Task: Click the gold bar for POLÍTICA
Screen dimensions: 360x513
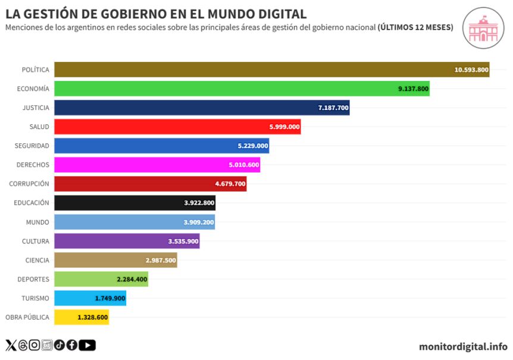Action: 271,70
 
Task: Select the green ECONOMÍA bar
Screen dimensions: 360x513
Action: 242,89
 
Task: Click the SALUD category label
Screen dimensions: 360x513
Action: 39,127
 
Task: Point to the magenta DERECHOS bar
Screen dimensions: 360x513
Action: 157,165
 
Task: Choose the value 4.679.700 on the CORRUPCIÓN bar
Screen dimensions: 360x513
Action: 230,184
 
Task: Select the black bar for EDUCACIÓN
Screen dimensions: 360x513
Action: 134,203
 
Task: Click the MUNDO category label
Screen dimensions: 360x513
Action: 37,222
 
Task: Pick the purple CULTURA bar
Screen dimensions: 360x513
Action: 127,241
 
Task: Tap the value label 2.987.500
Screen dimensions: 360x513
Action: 161,260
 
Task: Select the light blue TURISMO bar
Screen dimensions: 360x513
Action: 90,298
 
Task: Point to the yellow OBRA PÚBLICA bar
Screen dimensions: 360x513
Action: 82,317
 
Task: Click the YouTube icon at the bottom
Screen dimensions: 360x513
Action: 87,345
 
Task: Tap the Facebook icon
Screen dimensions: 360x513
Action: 71,345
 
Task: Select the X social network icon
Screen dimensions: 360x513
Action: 11,345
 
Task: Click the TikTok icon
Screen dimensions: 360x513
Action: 59,345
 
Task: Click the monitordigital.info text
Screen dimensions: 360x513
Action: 463,346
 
